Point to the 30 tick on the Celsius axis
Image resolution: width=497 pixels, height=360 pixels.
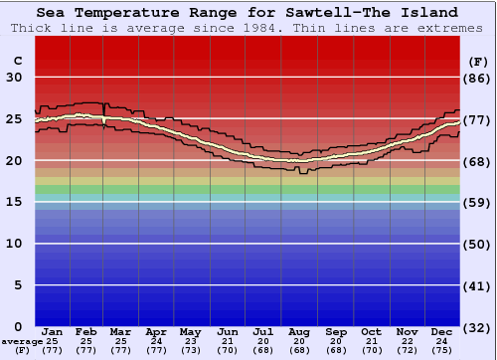coord(14,78)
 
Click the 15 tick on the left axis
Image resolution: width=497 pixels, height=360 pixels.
coord(14,202)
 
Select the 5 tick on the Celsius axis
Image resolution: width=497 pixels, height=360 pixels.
coord(18,285)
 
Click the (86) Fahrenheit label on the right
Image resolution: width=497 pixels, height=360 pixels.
coord(478,78)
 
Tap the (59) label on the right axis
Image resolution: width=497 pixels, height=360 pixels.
coord(478,202)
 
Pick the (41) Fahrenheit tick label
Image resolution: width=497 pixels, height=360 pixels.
coord(478,285)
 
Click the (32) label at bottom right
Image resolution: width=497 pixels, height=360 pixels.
coord(478,327)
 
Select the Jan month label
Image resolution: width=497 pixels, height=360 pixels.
coord(53,331)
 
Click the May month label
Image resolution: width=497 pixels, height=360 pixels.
coord(190,331)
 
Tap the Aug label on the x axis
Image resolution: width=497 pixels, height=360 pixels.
coord(299,331)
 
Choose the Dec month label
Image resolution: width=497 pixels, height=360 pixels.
coord(442,331)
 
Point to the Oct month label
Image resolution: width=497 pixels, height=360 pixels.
coord(371,331)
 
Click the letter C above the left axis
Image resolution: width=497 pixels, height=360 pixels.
coord(17,62)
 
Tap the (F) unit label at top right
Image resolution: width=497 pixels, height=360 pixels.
coord(478,62)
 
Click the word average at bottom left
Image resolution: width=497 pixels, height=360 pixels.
coord(22,341)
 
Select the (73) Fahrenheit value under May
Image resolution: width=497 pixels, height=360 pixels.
coord(190,351)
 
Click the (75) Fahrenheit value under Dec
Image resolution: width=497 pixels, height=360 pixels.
coord(442,351)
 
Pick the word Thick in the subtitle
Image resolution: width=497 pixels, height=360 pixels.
coord(31,28)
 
